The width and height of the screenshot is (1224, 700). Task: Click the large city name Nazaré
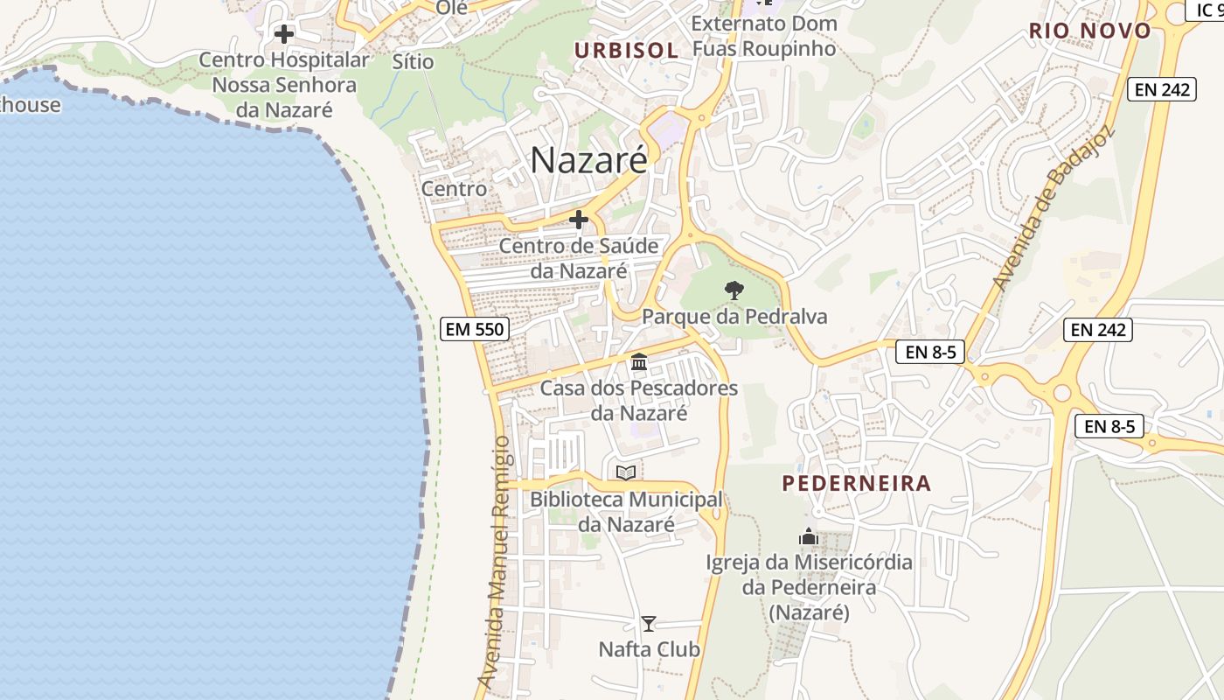[x=588, y=160]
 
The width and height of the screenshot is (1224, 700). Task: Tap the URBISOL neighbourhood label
[x=626, y=51]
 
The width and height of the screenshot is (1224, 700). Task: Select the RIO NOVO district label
[x=1089, y=31]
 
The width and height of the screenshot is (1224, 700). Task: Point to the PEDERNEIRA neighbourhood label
[x=856, y=483]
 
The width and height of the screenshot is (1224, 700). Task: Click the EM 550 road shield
[x=474, y=329]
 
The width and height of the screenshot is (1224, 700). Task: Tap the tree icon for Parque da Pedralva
[x=734, y=290]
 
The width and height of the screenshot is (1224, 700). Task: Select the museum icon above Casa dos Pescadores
[x=639, y=361]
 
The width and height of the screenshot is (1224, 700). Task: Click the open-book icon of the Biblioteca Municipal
[x=626, y=472]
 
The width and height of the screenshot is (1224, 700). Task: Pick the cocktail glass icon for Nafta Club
[x=649, y=623]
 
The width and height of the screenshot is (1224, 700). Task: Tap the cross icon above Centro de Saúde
[x=578, y=219]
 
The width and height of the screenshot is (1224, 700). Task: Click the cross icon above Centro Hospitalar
[x=284, y=34]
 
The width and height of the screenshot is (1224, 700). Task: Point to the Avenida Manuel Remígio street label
[x=494, y=560]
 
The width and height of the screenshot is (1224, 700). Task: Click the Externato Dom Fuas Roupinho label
[x=764, y=36]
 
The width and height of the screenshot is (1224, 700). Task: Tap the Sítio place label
[x=413, y=61]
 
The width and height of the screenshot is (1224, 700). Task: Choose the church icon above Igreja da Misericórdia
[x=809, y=535]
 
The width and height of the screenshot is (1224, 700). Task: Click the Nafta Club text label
[x=649, y=649]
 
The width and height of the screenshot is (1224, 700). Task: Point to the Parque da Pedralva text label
[x=734, y=317]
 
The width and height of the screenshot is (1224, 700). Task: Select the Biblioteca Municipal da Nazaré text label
[x=626, y=512]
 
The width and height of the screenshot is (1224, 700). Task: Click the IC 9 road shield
[x=1207, y=10]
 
